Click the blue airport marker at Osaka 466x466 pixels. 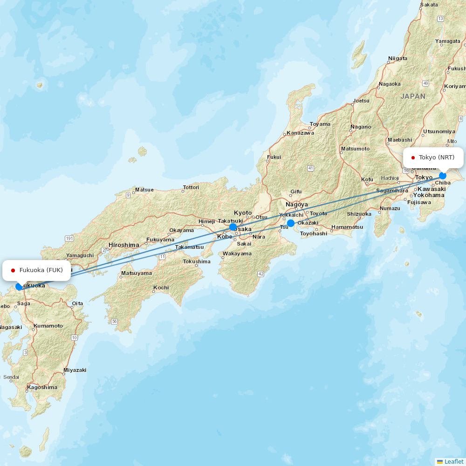[233, 227]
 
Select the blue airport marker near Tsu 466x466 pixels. [291, 223]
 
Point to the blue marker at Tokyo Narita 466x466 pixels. [443, 176]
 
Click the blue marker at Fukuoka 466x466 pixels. [19, 287]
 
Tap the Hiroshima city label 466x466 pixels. [123, 245]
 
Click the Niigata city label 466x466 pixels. [397, 58]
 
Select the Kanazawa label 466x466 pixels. [300, 133]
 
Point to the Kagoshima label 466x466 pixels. [42, 387]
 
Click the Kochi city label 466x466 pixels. [161, 288]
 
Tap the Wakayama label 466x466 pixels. [237, 254]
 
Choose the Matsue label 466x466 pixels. [144, 190]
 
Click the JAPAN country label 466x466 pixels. [413, 96]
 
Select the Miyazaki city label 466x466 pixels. [75, 370]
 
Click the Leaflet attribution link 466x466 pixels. [453, 461]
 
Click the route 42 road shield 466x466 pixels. [261, 274]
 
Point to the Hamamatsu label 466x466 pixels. [347, 227]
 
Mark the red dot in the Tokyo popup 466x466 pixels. [413, 158]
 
